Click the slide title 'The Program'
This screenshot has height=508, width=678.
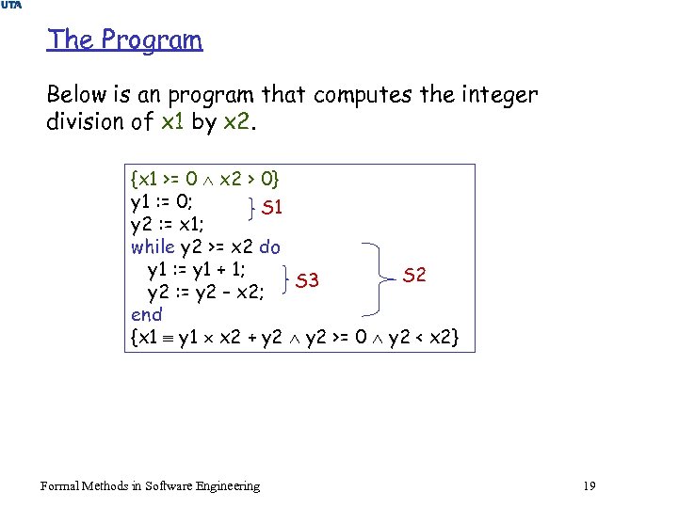pos(124,40)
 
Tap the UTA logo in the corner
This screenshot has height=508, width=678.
pos(12,7)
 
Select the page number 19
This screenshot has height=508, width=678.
pos(589,485)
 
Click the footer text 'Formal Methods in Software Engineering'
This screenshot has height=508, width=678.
pos(151,485)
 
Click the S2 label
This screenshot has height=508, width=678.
pos(414,275)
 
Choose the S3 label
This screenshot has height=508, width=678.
pos(307,280)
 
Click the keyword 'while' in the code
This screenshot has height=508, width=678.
pos(153,247)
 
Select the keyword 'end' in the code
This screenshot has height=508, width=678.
pos(147,314)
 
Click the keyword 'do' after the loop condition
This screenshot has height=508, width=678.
pos(269,247)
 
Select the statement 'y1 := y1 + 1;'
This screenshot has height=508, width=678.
pos(197,270)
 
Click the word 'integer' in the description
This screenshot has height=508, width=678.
pos(494,95)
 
